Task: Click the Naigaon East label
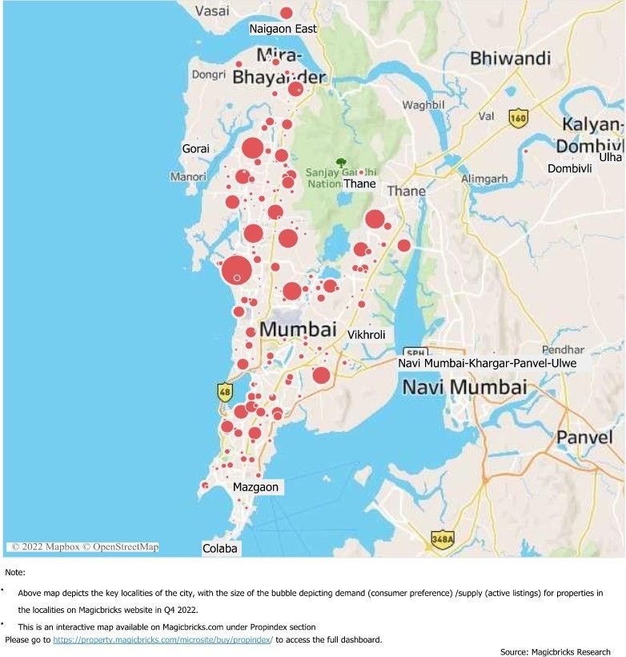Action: (x=283, y=29)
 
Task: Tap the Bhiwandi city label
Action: (x=510, y=58)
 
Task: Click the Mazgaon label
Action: (x=256, y=486)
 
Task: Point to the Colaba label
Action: (x=219, y=549)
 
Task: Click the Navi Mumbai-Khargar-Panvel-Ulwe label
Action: (x=487, y=363)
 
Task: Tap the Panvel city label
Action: (x=584, y=437)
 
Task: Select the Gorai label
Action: (x=195, y=148)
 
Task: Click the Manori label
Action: (x=188, y=176)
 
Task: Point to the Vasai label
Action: (x=212, y=11)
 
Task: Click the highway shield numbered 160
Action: (x=518, y=118)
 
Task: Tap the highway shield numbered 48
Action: (x=225, y=393)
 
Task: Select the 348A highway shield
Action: (x=442, y=539)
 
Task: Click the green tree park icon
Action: (x=341, y=162)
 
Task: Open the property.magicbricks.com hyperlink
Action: (x=163, y=639)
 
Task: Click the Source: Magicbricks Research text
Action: (x=555, y=652)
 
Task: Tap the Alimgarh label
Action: (x=484, y=179)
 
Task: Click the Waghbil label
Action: (x=423, y=105)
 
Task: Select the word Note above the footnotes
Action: (x=14, y=572)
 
